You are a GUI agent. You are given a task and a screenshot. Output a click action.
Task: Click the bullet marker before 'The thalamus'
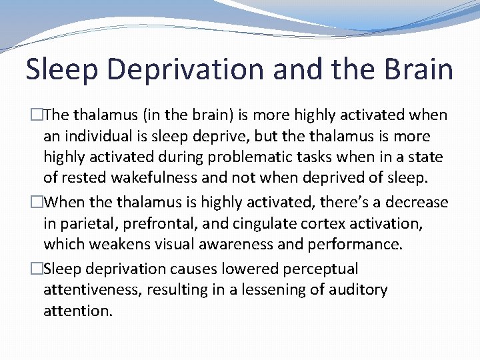point(37,115)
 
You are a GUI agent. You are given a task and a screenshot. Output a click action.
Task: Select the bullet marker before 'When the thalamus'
point(37,202)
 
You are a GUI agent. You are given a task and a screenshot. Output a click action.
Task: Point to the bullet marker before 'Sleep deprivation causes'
point(37,269)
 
